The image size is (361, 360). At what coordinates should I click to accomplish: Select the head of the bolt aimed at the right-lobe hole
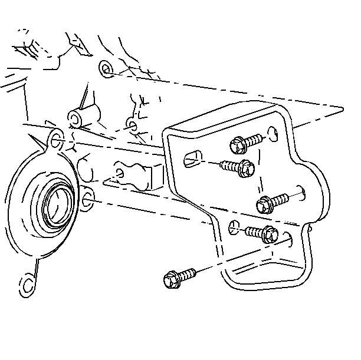pos(264,206)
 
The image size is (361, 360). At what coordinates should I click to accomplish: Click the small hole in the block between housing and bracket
pos(121,173)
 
